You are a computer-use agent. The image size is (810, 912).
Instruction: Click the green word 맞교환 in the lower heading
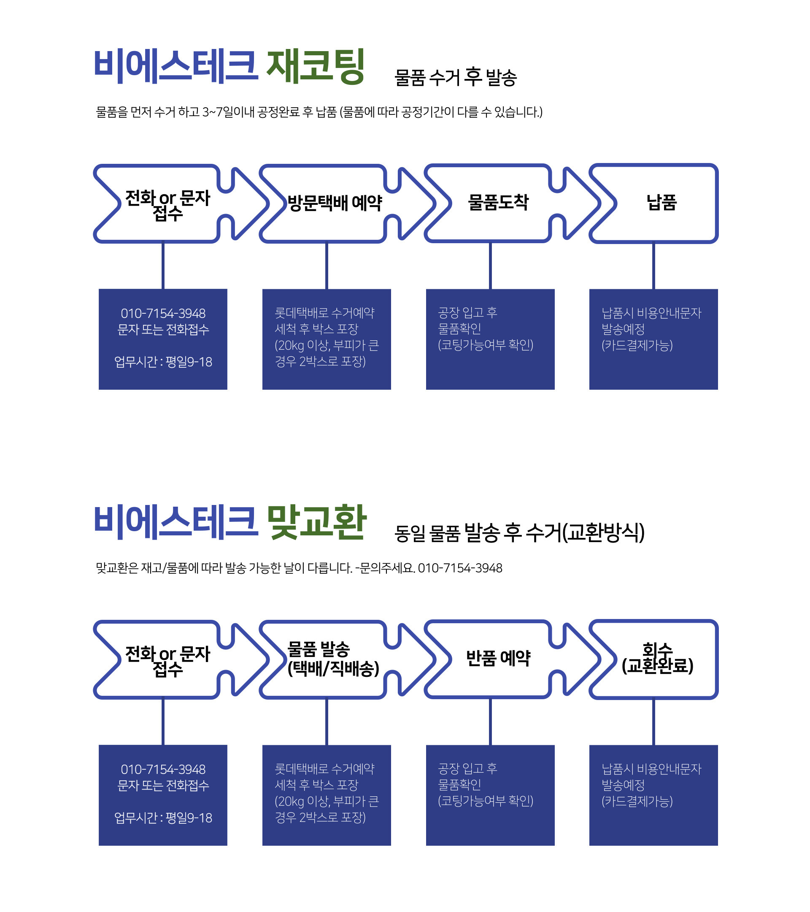click(x=316, y=522)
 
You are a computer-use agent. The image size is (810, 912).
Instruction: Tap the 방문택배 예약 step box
click(x=335, y=203)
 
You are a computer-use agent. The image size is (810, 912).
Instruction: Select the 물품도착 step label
click(x=498, y=203)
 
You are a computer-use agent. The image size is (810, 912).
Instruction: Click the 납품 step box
click(x=661, y=203)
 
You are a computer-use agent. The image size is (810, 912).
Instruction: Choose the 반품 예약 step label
click(x=498, y=658)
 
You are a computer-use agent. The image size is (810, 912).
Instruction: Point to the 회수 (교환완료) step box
click(x=658, y=658)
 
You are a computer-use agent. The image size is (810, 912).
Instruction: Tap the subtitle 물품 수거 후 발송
click(x=455, y=77)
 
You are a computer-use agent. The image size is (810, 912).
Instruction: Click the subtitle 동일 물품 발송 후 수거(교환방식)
click(x=519, y=533)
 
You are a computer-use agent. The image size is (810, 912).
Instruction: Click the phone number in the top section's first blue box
click(x=163, y=313)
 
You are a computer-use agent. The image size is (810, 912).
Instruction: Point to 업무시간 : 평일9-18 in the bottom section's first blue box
click(x=163, y=817)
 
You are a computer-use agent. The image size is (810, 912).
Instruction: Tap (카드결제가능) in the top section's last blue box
click(x=637, y=345)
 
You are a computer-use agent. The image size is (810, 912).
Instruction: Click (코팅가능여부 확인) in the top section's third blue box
click(x=486, y=345)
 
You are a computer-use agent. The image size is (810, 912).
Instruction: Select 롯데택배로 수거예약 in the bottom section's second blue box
click(x=324, y=768)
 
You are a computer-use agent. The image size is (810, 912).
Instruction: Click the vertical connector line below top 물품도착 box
click(x=490, y=266)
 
